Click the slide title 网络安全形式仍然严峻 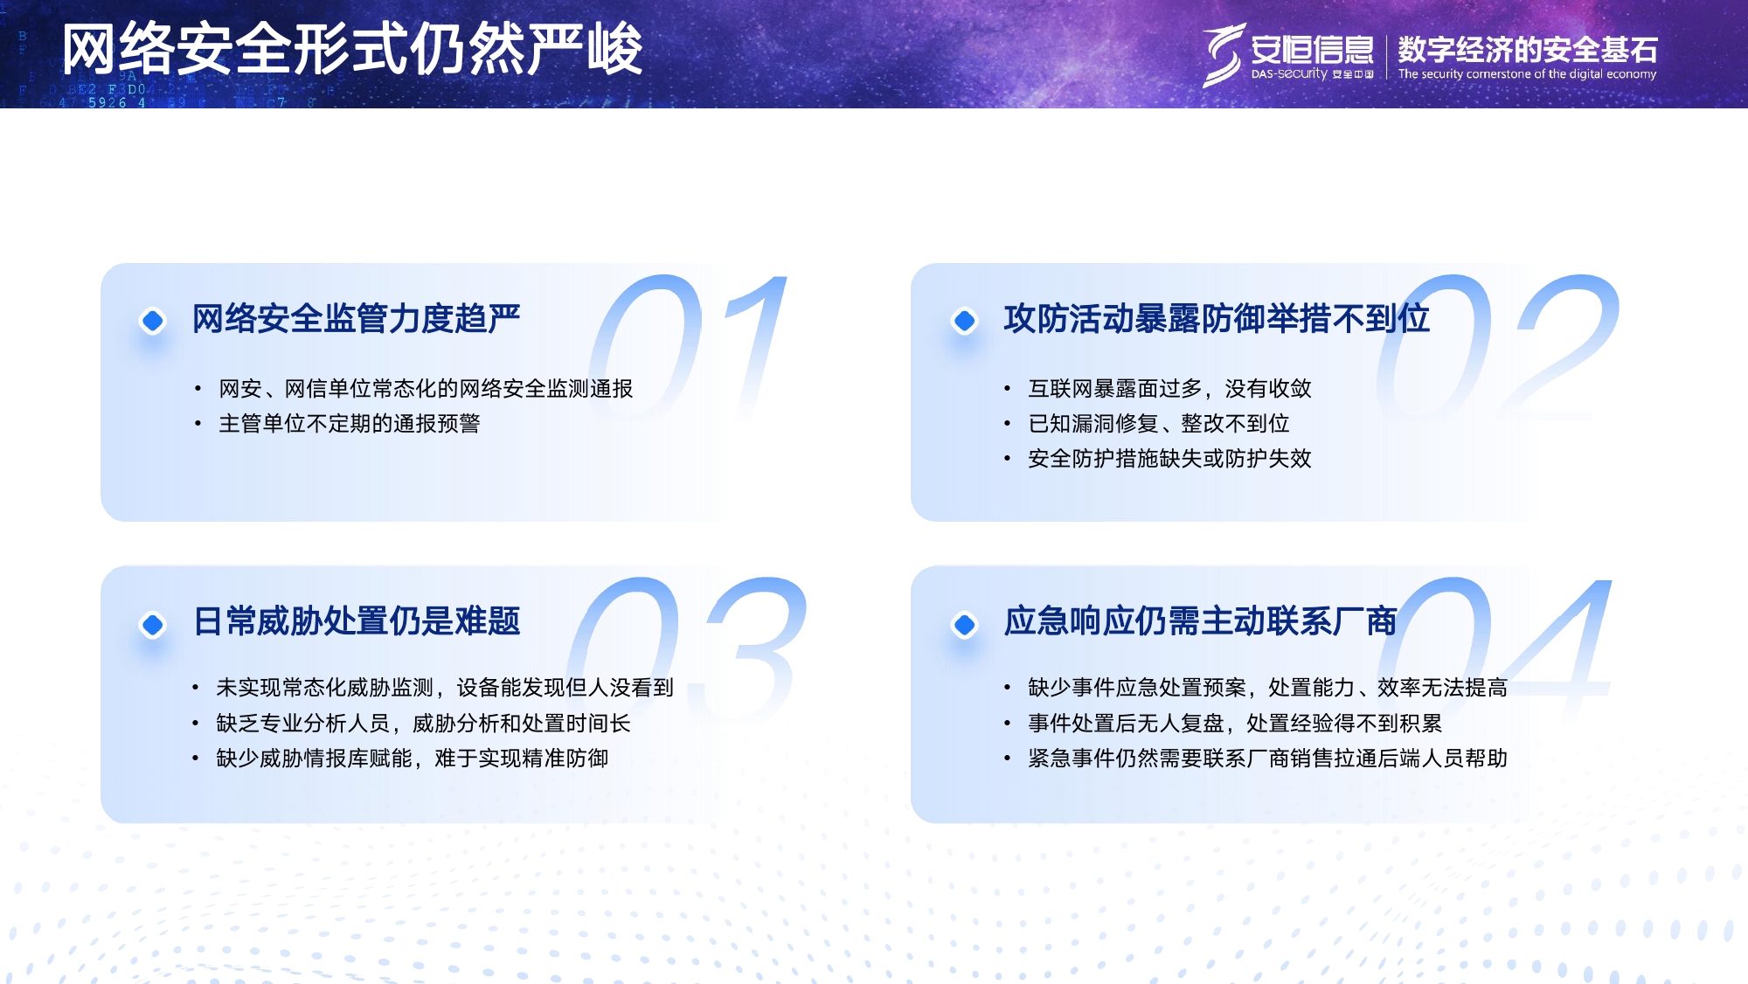352,50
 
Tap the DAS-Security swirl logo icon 1223,54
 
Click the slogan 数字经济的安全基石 1527,49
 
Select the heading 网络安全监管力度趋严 356,319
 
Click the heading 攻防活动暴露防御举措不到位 1216,319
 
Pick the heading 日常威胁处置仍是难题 356,621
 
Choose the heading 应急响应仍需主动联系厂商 1199,621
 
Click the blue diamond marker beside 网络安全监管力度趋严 153,321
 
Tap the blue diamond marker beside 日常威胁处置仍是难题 153,624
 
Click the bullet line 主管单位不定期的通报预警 349,424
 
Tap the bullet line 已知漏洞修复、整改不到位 1158,424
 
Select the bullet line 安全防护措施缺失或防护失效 1169,459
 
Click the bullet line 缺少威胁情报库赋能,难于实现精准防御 412,759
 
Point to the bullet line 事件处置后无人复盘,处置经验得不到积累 1234,724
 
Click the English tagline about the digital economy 1527,74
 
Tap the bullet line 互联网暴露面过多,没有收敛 1169,389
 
